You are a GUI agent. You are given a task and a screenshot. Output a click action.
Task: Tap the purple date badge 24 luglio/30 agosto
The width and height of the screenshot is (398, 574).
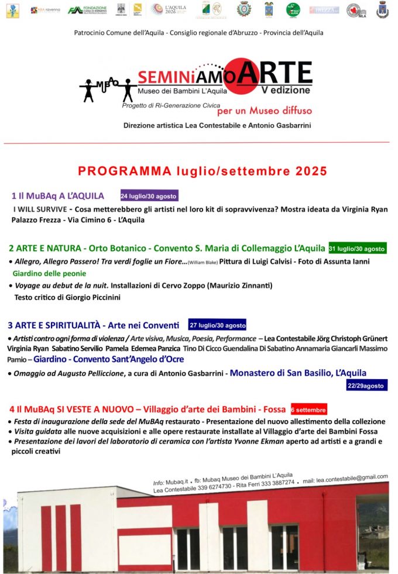(x=149, y=196)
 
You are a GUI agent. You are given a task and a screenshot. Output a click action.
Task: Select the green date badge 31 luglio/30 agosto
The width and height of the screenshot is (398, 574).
(x=357, y=248)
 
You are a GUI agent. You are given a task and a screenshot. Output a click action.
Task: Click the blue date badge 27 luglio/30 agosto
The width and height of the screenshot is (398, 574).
(x=217, y=325)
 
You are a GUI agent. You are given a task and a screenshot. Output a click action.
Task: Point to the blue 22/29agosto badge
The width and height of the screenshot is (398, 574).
(x=366, y=386)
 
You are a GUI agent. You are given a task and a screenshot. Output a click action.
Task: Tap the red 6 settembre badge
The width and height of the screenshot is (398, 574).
(x=308, y=409)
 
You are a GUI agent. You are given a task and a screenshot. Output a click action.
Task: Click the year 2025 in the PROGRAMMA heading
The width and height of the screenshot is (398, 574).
(x=303, y=171)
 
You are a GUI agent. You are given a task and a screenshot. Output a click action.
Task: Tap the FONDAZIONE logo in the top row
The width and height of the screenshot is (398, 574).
(x=88, y=9)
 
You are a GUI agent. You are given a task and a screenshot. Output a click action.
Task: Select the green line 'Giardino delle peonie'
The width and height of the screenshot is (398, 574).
(x=49, y=273)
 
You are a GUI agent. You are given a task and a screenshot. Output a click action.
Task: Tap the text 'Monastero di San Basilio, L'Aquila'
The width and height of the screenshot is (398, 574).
(x=298, y=373)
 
